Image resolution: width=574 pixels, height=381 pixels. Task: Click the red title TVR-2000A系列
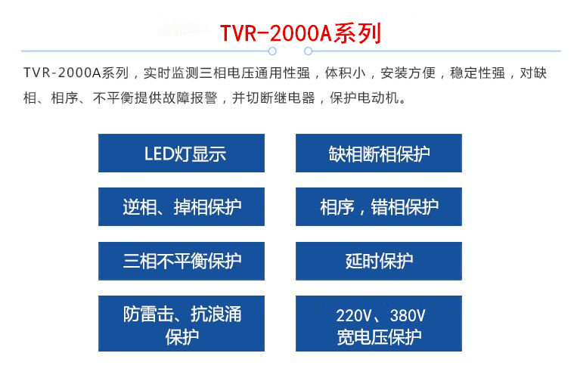[300, 33]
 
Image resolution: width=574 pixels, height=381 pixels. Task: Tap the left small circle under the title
[272, 51]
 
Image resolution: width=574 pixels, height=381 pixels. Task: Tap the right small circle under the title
[309, 51]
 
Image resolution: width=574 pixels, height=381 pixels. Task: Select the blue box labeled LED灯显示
[182, 153]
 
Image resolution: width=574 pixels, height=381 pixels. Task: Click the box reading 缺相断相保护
[379, 153]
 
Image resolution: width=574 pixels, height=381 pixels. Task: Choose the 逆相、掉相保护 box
[182, 207]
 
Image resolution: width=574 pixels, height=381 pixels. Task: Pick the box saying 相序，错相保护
[379, 207]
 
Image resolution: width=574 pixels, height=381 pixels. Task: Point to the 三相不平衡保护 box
[182, 261]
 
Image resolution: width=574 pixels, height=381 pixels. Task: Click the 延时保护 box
[379, 261]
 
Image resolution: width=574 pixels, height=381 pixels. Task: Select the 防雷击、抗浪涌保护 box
[182, 324]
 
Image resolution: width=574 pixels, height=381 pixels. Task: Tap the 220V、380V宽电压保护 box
[379, 324]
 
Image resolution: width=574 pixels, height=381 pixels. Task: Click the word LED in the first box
[159, 153]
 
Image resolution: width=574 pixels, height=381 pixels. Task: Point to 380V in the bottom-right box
[408, 315]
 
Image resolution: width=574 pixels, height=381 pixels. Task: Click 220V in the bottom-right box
[354, 315]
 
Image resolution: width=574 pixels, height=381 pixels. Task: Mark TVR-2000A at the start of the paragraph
[62, 73]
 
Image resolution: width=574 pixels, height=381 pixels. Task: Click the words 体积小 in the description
[345, 73]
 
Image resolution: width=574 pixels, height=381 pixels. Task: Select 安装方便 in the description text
[408, 73]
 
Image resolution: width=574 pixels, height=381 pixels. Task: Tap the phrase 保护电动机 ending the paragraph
[364, 98]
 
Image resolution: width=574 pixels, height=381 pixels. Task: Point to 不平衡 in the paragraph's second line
[113, 98]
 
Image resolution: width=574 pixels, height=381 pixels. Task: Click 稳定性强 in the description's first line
[477, 73]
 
